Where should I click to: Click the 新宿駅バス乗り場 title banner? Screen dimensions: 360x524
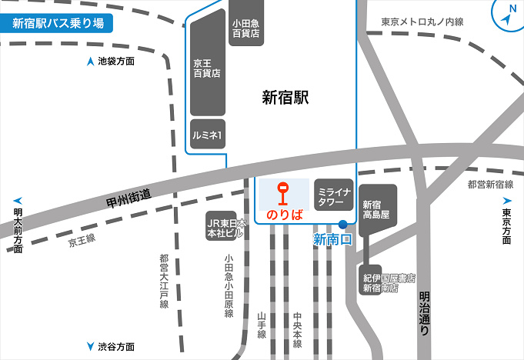[x=58, y=22]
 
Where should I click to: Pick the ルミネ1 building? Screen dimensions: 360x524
[x=207, y=135]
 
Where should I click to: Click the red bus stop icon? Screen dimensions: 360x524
[x=283, y=194]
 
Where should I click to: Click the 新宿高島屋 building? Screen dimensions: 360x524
[x=378, y=209]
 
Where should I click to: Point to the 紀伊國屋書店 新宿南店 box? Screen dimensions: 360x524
[x=389, y=282]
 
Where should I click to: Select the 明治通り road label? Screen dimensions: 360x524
[x=424, y=312]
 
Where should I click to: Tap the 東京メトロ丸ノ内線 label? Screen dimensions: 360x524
[x=422, y=23]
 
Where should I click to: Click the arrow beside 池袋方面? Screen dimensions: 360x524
[x=91, y=62]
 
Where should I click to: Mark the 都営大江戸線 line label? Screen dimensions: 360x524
[x=164, y=282]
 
